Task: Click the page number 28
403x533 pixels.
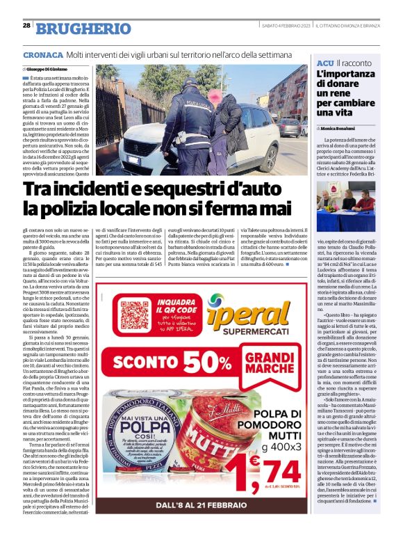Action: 26,25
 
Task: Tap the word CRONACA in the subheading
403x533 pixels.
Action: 42,54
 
